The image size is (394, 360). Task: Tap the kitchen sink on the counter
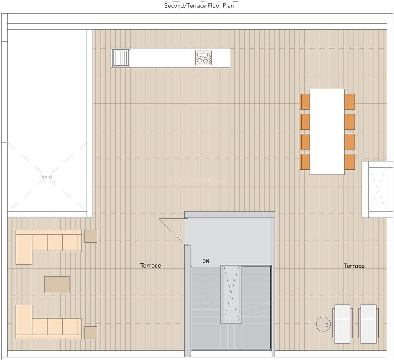121,58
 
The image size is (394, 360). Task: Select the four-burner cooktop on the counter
203,58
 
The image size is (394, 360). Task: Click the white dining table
327,132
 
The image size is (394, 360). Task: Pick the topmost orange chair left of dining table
305,102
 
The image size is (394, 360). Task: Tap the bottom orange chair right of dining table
349,162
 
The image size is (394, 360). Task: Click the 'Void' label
47,177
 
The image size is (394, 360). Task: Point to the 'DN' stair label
206,262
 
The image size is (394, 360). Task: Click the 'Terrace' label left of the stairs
150,266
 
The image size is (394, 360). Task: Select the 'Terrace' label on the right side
354,266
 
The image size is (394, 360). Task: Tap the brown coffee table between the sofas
57,285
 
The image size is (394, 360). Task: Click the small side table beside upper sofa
90,236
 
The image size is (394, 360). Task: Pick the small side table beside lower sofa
90,333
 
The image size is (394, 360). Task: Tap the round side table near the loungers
323,324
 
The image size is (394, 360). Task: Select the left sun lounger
343,324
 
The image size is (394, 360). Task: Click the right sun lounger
368,324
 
